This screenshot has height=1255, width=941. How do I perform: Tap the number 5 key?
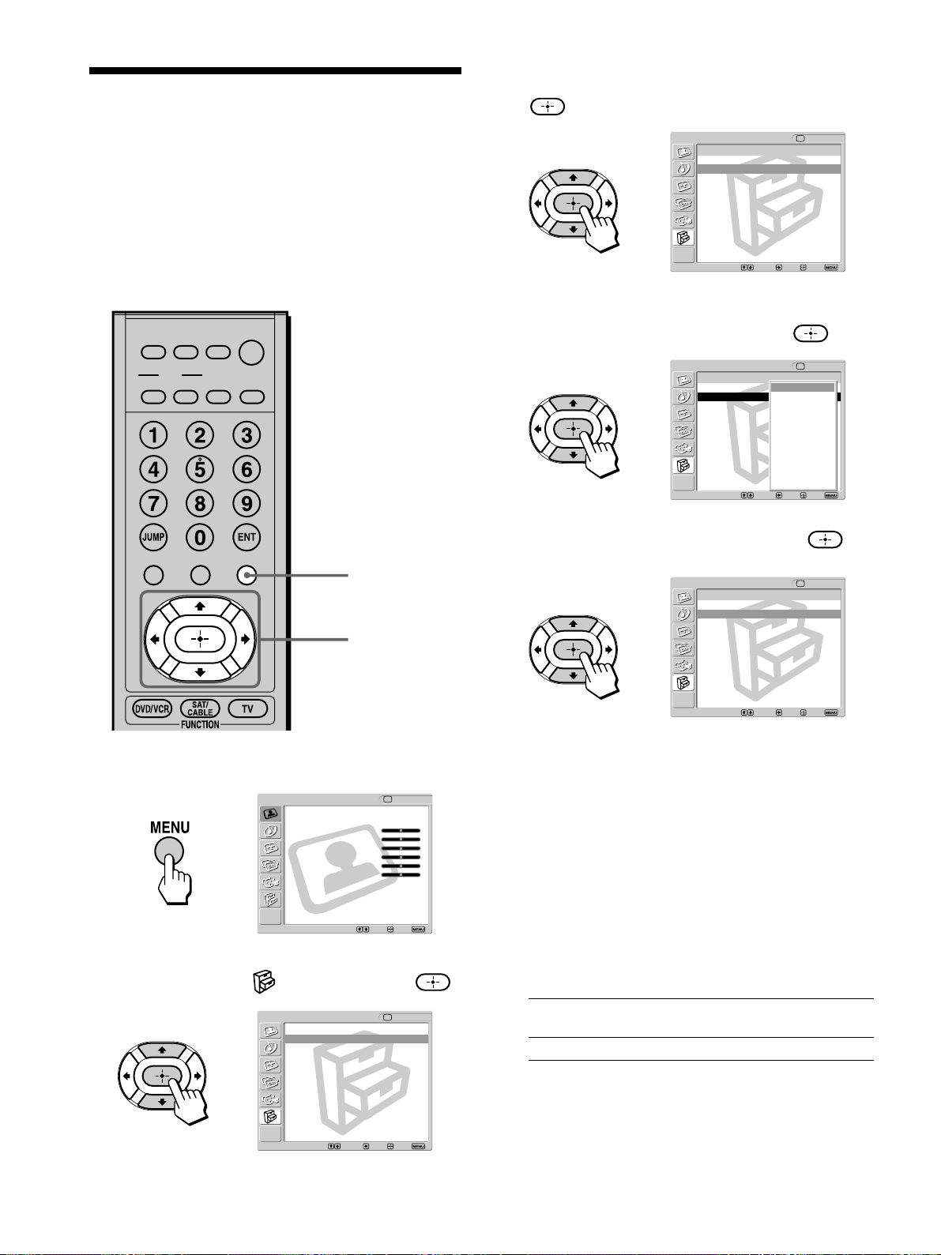(x=200, y=469)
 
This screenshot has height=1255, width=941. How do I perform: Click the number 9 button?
(x=247, y=503)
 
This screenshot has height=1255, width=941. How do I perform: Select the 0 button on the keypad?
(x=200, y=537)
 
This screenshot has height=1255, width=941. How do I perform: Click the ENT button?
(x=247, y=537)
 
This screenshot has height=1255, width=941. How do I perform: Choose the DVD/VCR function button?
(x=152, y=709)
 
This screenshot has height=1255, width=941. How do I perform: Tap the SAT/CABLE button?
(x=200, y=709)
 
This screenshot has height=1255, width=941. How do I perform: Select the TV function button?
(x=247, y=709)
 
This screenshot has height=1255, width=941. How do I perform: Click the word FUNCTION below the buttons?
(x=200, y=724)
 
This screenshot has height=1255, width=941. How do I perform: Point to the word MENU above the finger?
(x=170, y=828)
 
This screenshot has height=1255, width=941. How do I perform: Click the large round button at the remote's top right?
(x=251, y=352)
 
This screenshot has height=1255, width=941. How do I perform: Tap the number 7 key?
(x=153, y=503)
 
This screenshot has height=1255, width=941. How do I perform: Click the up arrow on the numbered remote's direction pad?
(x=200, y=607)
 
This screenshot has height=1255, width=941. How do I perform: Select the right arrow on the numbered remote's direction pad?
(x=245, y=639)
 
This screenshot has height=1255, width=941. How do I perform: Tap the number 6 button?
(x=247, y=469)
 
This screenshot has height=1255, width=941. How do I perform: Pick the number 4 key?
(x=153, y=469)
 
